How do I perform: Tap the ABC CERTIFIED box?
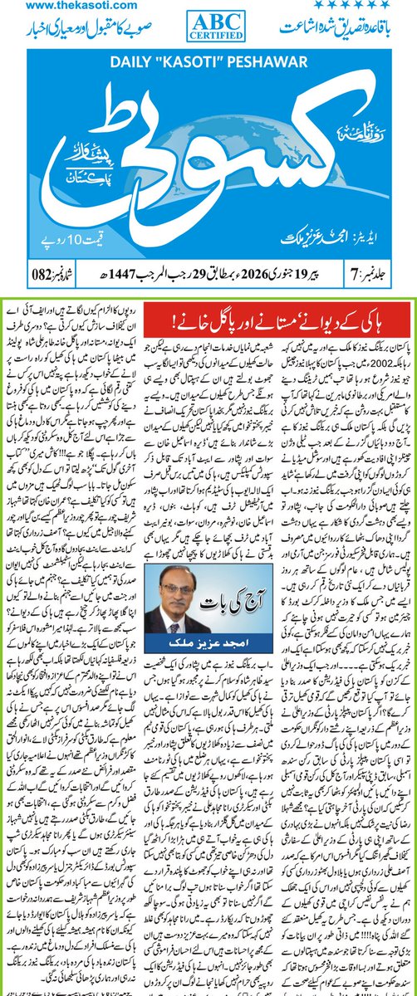(208, 25)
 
